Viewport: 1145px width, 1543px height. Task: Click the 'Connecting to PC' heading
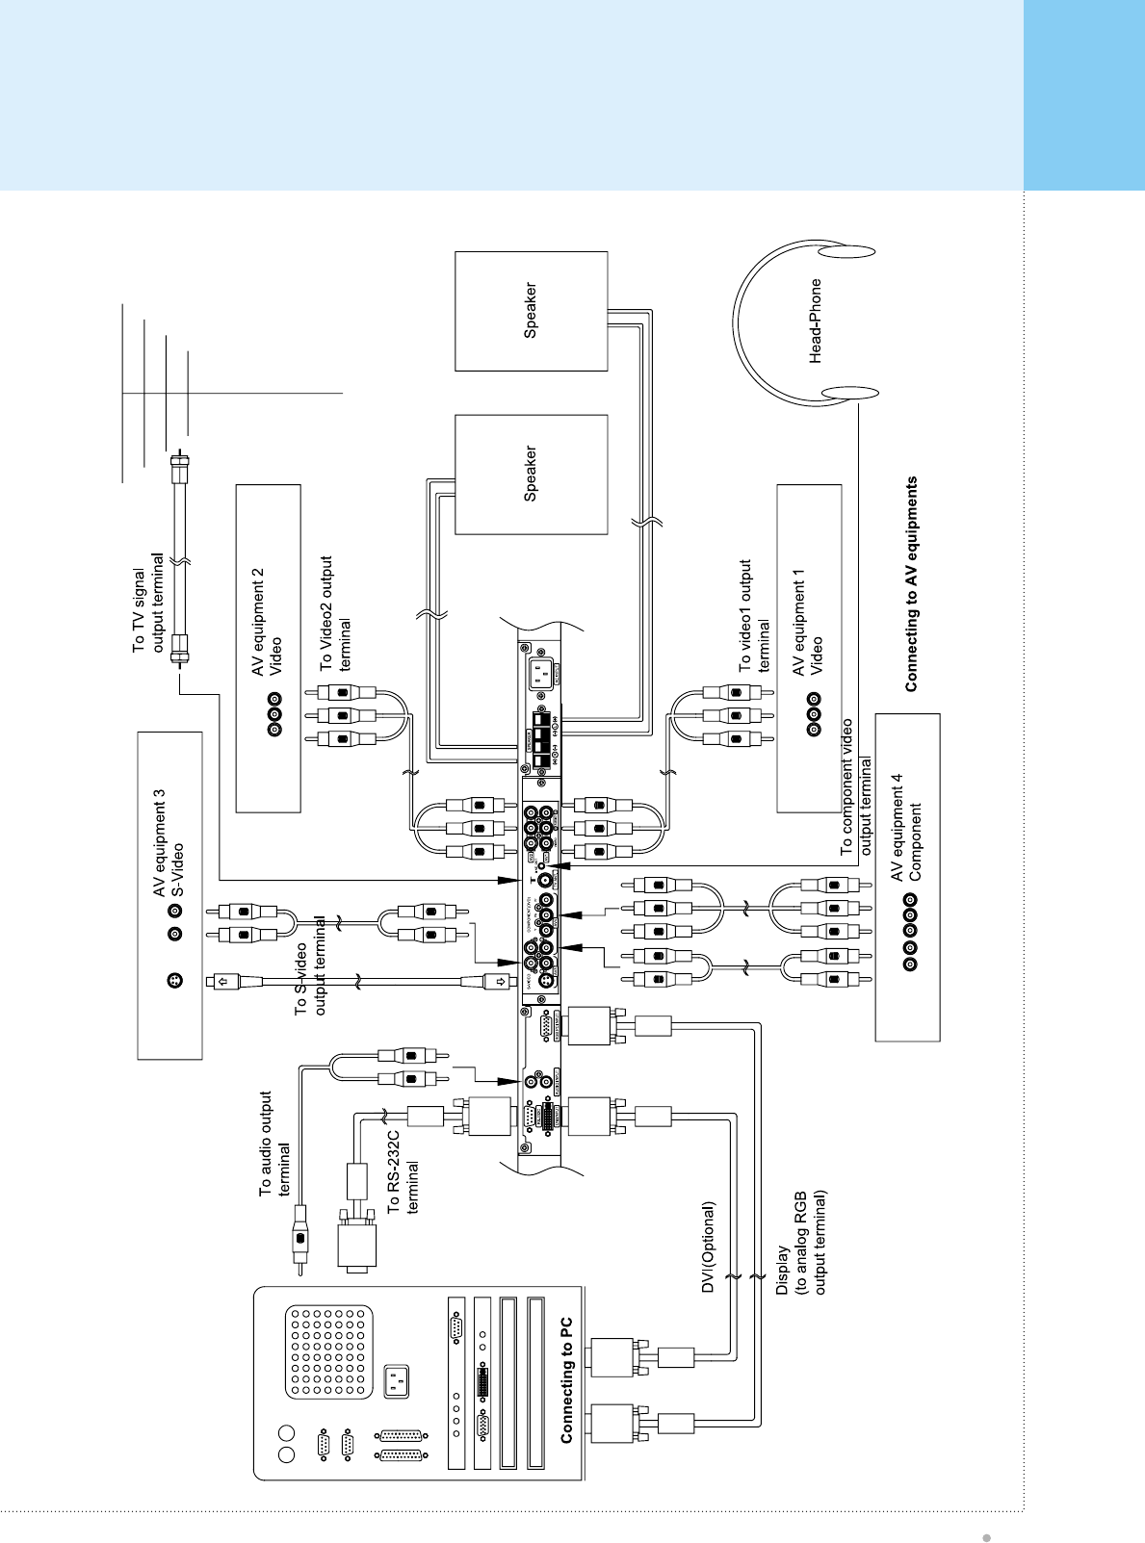point(566,1379)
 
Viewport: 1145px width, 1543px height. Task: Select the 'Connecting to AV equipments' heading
point(911,584)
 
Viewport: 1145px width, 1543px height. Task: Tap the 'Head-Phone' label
point(816,321)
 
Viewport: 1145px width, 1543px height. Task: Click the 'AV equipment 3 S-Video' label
point(168,844)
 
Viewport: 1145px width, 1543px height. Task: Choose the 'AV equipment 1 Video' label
point(807,622)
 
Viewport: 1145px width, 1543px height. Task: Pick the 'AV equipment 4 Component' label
point(905,827)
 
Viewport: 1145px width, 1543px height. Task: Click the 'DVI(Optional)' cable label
point(709,1247)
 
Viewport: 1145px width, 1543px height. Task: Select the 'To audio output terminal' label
point(274,1144)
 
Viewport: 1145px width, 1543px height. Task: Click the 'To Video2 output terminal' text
point(335,614)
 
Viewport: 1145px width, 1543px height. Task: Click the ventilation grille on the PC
point(328,1351)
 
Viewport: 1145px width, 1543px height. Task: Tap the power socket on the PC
point(396,1382)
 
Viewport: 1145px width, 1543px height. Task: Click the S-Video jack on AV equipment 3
point(174,981)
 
